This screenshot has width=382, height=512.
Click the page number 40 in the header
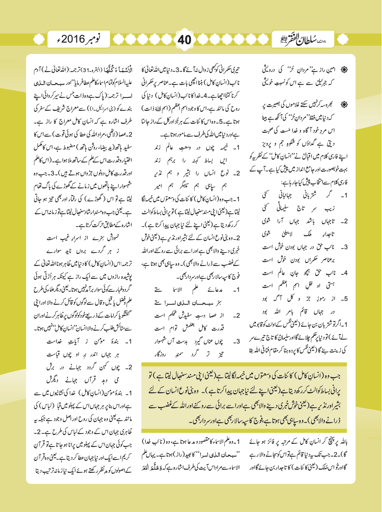click(x=185, y=39)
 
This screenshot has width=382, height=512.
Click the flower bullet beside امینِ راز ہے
click(x=344, y=70)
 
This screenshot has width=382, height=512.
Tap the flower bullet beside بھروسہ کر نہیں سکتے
click(x=344, y=105)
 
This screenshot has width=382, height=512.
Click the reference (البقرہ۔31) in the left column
click(x=88, y=70)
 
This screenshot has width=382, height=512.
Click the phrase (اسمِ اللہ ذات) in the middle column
click(x=155, y=109)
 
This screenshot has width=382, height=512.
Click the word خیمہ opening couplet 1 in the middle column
click(x=221, y=148)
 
